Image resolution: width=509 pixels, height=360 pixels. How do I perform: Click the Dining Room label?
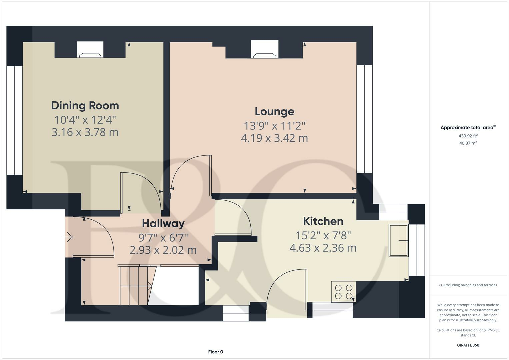[85, 106]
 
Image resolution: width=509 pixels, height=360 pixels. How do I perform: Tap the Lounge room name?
[274, 112]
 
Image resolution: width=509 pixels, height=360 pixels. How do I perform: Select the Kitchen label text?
[323, 221]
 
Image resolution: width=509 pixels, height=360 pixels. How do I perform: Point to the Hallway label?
[163, 223]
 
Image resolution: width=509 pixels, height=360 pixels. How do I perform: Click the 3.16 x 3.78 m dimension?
[85, 132]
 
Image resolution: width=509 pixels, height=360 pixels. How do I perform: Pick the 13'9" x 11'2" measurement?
[274, 126]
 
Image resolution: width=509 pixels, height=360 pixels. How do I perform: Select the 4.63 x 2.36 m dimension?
[323, 248]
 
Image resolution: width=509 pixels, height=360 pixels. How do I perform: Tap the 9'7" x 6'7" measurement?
[163, 238]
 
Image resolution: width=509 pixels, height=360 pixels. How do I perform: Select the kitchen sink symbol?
[399, 240]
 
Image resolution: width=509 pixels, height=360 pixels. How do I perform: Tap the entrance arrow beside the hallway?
[68, 237]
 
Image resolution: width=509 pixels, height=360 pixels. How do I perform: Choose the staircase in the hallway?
[135, 285]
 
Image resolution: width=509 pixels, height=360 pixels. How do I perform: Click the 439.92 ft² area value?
[468, 136]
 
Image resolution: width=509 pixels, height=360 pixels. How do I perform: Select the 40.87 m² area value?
[468, 143]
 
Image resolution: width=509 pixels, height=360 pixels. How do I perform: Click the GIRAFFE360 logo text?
[468, 345]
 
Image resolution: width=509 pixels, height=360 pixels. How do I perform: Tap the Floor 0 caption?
[215, 352]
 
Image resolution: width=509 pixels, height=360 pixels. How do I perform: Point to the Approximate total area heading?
[467, 127]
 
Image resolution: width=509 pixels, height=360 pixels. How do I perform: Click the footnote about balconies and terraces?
[468, 285]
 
